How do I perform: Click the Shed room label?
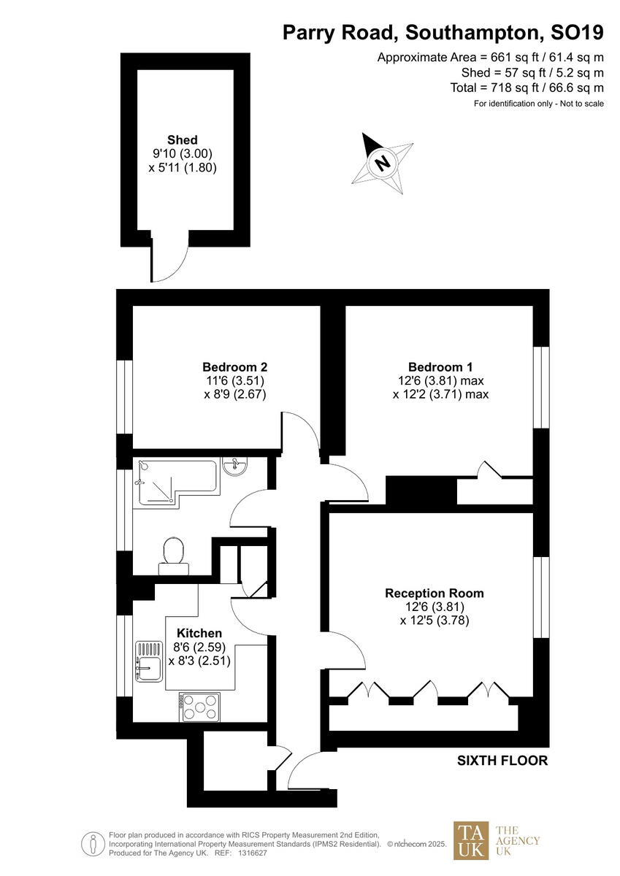pyautogui.click(x=182, y=140)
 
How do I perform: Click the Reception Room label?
pyautogui.click(x=434, y=593)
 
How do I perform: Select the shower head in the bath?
pyautogui.click(x=143, y=468)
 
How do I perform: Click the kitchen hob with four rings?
pyautogui.click(x=199, y=706)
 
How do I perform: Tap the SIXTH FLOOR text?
pyautogui.click(x=502, y=761)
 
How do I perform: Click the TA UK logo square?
pyautogui.click(x=471, y=840)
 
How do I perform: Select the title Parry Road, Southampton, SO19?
pyautogui.click(x=443, y=33)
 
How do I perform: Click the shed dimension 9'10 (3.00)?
pyautogui.click(x=182, y=154)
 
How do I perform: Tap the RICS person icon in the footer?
pyautogui.click(x=93, y=844)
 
